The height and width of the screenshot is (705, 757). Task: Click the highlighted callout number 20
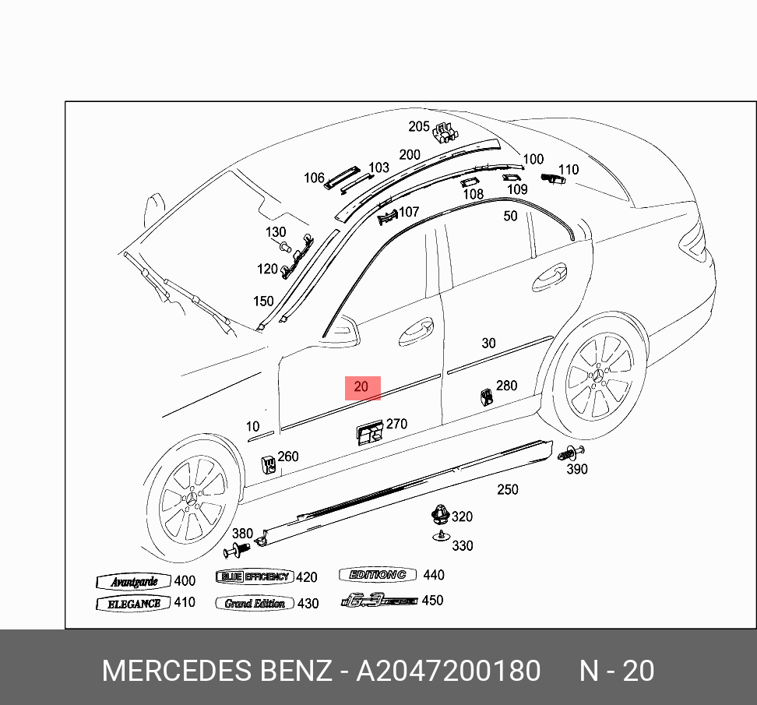362,387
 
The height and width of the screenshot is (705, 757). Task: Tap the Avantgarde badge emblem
134,582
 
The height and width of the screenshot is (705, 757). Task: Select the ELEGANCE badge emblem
134,604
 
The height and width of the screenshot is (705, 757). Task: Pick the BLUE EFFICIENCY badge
254,577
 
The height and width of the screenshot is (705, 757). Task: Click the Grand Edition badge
255,604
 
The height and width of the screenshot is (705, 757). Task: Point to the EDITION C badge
378,575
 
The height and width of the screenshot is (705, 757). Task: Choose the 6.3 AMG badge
379,601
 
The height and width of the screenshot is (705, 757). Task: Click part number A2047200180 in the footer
448,671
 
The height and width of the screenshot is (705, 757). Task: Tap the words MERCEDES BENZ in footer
217,671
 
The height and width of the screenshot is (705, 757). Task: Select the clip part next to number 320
440,514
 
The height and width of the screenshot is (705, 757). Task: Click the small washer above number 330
441,535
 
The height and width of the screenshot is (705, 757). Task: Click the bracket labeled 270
369,432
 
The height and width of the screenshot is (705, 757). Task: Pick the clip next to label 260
268,464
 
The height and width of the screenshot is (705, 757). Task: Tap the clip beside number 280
485,397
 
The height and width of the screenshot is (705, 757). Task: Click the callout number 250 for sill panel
508,489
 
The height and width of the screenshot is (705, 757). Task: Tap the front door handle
417,330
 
